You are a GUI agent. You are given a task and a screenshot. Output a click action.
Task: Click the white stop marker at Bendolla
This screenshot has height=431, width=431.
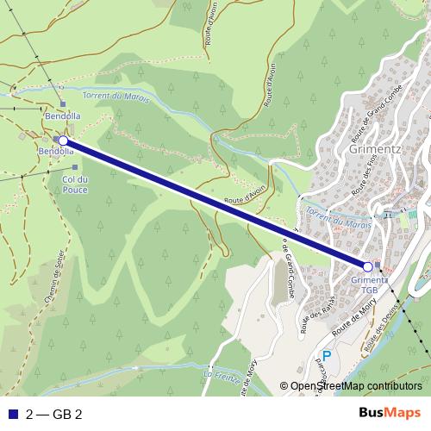pos(63,140)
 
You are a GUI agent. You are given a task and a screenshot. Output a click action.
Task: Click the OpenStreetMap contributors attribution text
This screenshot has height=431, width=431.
pos(355,387)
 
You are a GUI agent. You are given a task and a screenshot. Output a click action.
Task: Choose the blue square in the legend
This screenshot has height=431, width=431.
pos(12,413)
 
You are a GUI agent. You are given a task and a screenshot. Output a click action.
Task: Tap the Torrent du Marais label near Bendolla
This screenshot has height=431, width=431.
pos(116,97)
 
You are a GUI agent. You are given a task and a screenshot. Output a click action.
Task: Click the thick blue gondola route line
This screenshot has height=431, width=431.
pos(215,203)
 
